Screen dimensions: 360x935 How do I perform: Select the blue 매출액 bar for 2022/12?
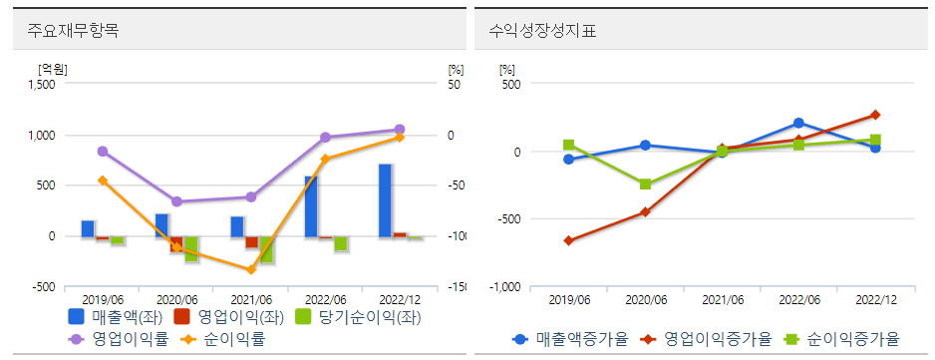385,200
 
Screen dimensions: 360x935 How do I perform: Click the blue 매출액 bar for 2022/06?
311,206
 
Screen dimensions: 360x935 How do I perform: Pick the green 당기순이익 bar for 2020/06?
191,249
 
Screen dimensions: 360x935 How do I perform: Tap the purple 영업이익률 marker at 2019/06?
103,152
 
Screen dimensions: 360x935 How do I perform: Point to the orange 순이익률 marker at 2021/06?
251,269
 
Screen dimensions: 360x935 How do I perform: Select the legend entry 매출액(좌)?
115,317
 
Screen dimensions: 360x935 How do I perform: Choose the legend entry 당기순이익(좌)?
344,317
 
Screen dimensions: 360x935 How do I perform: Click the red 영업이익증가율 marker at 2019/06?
568,240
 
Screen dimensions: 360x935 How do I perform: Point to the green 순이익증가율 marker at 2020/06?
645,184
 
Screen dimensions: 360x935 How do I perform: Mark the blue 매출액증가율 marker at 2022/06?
798,123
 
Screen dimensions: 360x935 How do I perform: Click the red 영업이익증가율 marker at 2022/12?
875,115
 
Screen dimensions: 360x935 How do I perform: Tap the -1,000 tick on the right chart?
506,287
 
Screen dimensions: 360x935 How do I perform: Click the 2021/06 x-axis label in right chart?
722,299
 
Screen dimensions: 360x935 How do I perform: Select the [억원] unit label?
52,68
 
